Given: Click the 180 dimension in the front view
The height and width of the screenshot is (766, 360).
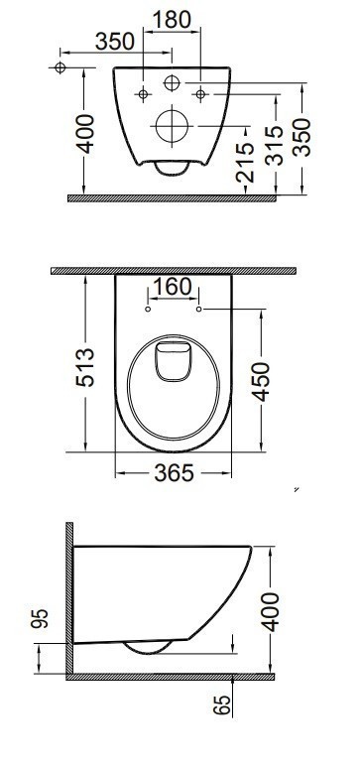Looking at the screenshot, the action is coord(172,20).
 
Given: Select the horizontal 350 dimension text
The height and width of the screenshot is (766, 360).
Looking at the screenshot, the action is coord(115,42).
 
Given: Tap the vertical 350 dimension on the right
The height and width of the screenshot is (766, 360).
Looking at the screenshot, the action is coord(301,137).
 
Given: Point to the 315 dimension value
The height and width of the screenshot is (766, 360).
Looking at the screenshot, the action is coord(275,146).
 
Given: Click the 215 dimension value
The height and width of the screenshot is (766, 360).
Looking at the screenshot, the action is coord(245,163).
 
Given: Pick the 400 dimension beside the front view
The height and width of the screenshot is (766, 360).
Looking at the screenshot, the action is coord(86,134).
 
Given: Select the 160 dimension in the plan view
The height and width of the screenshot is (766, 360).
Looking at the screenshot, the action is coord(173,287).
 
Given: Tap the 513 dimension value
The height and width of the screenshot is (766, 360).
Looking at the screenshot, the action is coord(85,367).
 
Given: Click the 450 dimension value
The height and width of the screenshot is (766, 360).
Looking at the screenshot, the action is coord(262,382).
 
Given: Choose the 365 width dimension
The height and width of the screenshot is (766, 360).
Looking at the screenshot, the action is coord(174,473).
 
